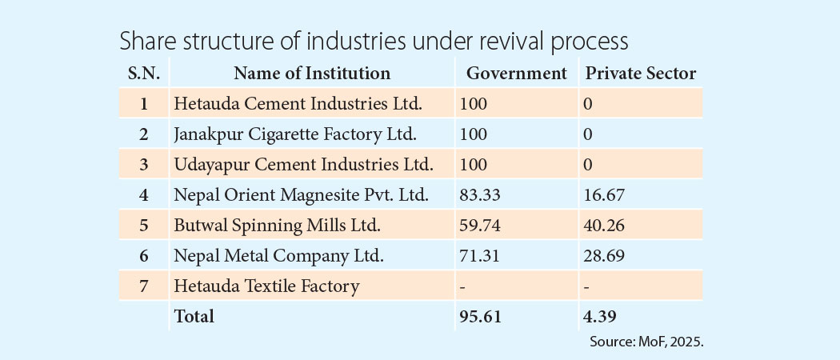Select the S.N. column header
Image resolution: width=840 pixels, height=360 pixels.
click(144, 74)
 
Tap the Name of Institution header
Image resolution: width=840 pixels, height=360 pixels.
click(312, 74)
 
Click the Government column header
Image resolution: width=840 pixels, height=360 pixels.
click(516, 74)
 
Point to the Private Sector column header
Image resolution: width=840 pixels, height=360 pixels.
click(641, 74)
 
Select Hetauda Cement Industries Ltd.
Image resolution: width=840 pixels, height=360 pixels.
click(298, 104)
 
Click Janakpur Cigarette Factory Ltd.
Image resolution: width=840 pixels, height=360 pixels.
click(295, 134)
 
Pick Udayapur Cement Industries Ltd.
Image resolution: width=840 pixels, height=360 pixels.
click(303, 165)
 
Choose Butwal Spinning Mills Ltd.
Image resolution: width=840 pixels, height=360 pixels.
click(277, 226)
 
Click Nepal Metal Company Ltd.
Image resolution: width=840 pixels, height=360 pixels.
click(279, 256)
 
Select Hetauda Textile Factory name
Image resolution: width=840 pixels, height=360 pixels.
click(266, 286)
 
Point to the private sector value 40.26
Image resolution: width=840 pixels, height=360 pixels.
click(603, 226)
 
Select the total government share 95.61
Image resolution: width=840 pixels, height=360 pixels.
click(481, 316)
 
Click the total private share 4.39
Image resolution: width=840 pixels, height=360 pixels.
click(600, 316)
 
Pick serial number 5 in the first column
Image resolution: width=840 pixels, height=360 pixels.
click(144, 226)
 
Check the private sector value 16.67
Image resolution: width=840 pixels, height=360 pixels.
click(603, 195)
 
